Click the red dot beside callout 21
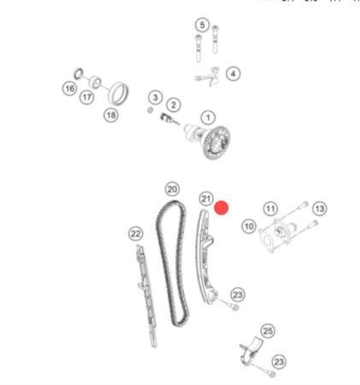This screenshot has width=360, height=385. (221, 207)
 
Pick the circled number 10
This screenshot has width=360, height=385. (249, 227)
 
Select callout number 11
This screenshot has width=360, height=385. (270, 209)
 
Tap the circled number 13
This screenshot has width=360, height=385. (319, 209)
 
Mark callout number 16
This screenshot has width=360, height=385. (69, 87)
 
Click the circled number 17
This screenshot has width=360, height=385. (87, 98)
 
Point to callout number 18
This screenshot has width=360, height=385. (110, 115)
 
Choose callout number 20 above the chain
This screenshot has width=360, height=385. (172, 188)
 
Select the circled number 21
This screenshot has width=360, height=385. (205, 198)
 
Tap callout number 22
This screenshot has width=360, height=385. (135, 234)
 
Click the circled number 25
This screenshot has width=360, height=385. (268, 330)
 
